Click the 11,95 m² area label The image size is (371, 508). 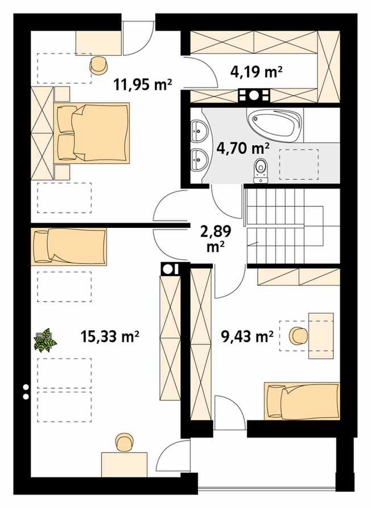click(x=142, y=84)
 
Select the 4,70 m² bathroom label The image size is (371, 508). click(x=243, y=149)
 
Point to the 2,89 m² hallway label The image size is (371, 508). click(x=216, y=239)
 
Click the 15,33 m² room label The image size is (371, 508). click(x=110, y=337)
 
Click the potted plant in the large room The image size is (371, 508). click(x=46, y=339)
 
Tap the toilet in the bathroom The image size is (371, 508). click(x=261, y=171)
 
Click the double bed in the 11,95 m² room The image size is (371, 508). click(x=92, y=133)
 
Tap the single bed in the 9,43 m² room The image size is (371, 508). click(x=302, y=401)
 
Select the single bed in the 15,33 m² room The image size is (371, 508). click(x=69, y=247)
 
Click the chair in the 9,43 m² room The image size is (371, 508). click(x=298, y=335)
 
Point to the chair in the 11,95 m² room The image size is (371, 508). click(x=98, y=65)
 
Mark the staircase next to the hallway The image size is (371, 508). click(x=285, y=227)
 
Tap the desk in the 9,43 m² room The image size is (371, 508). click(x=321, y=335)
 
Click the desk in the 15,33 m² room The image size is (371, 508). click(x=124, y=465)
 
